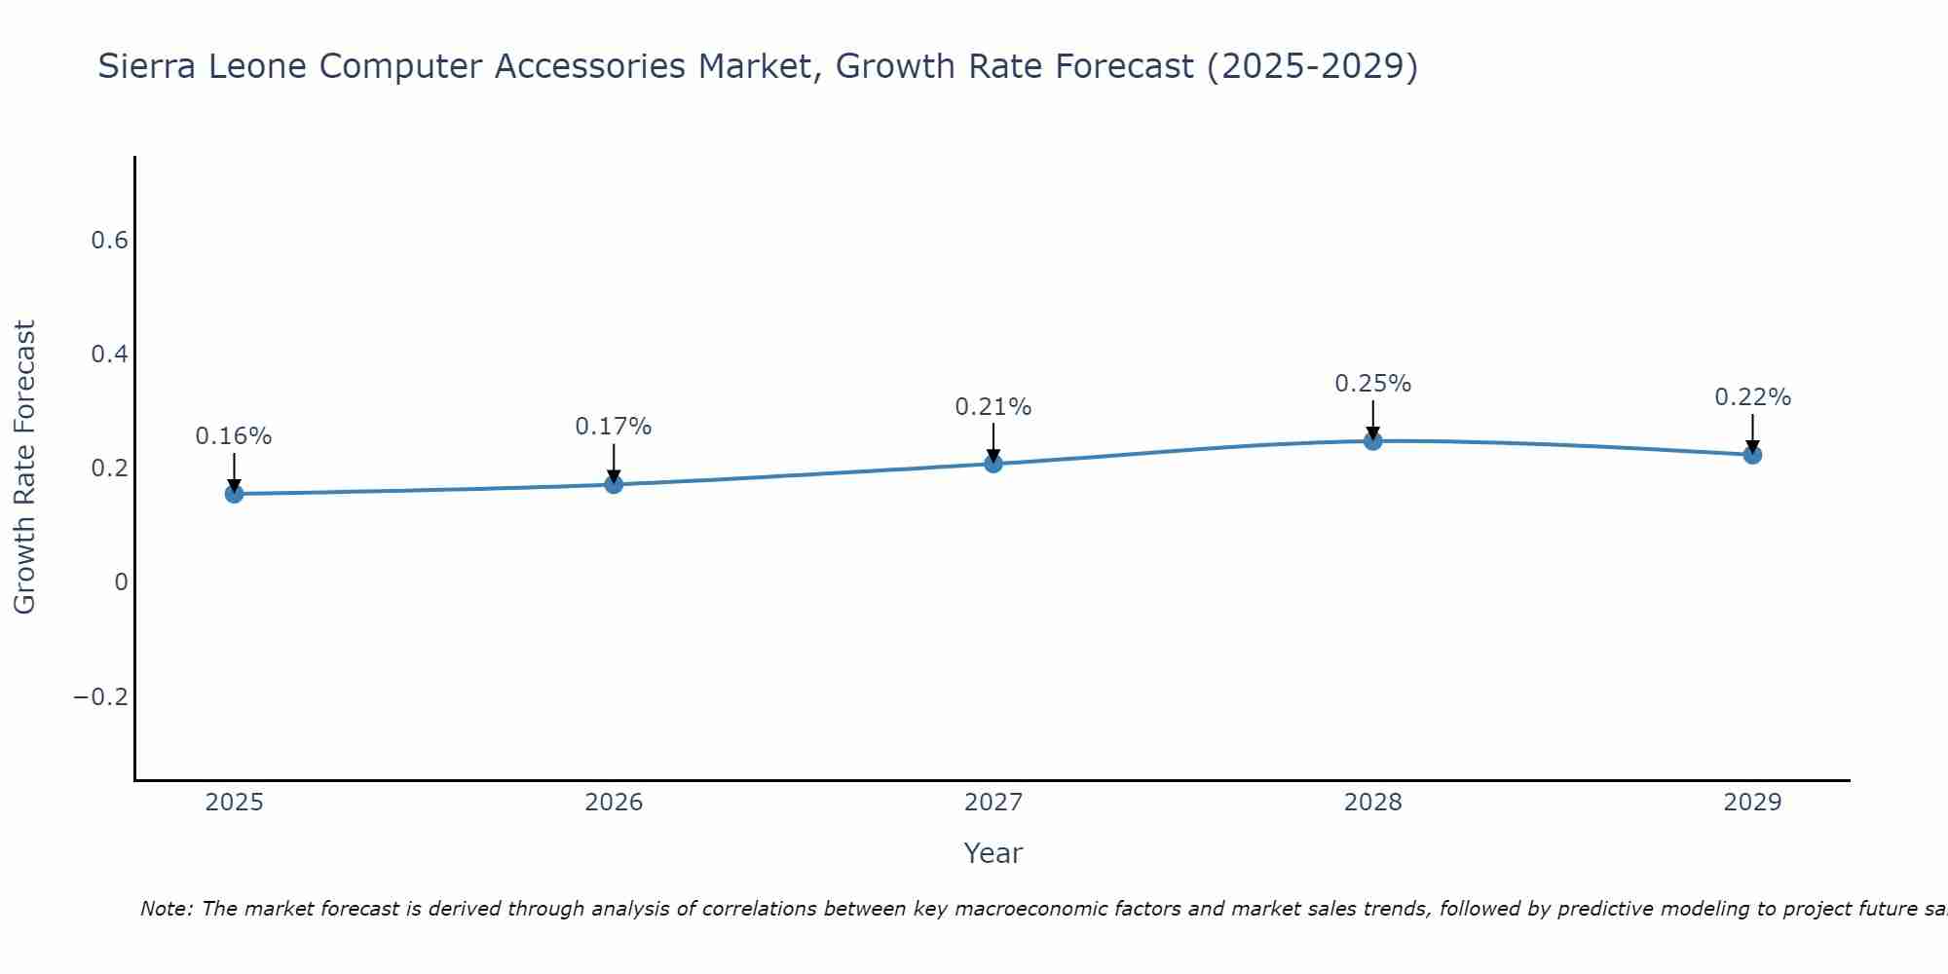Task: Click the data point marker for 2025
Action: tap(234, 494)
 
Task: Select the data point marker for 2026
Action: tap(614, 484)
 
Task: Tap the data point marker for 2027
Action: tap(993, 464)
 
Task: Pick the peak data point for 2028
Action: tap(1372, 441)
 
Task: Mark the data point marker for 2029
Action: tap(1752, 455)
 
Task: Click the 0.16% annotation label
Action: tap(234, 436)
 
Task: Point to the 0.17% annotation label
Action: tap(614, 427)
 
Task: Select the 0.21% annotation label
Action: tap(993, 407)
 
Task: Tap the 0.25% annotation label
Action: tap(1372, 384)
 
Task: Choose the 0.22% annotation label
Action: tap(1752, 397)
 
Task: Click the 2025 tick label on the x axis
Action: tap(234, 803)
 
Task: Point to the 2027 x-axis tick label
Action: tap(993, 803)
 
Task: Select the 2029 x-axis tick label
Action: tap(1752, 803)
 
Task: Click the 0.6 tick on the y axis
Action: tap(110, 241)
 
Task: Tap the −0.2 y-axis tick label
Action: tap(100, 697)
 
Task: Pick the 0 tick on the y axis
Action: tap(121, 582)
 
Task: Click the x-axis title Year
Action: tap(993, 854)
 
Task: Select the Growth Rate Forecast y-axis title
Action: tap(24, 468)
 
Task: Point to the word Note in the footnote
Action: tap(167, 910)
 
